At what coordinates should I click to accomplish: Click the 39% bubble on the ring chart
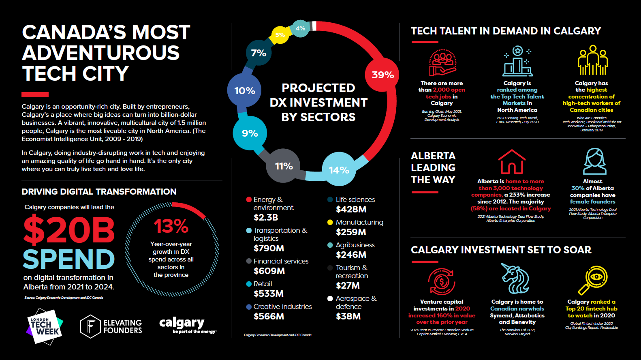click(x=382, y=75)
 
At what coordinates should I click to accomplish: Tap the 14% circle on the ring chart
click(x=339, y=170)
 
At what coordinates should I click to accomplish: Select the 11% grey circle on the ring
click(x=284, y=166)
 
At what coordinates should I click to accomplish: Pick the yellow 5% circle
click(x=280, y=35)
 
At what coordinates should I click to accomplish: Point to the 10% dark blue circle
click(x=245, y=91)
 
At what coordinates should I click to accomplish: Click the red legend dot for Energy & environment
click(x=249, y=199)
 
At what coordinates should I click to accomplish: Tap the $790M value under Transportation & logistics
click(x=269, y=248)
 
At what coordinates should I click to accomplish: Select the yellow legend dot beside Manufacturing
click(x=330, y=222)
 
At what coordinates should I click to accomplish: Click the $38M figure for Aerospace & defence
click(x=348, y=316)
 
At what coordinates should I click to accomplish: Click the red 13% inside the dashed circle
click(x=171, y=226)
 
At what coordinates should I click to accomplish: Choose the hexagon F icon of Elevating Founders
click(x=90, y=326)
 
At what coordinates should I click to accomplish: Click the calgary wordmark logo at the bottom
click(x=182, y=323)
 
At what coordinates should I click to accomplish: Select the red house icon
click(x=511, y=162)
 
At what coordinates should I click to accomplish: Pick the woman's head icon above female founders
click(x=594, y=161)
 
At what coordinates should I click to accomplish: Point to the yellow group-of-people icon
click(x=592, y=60)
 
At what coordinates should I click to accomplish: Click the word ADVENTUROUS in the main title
click(x=101, y=53)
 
